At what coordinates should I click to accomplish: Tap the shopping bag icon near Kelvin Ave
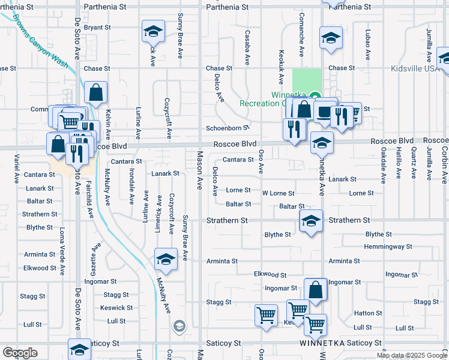[96, 93]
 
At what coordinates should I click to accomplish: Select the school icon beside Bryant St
[153, 31]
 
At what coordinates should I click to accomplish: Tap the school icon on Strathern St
[310, 221]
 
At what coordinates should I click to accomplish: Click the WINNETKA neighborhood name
[324, 344]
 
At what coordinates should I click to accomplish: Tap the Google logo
[20, 353]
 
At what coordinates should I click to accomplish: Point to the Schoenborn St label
[228, 128]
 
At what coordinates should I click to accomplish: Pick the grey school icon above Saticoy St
[178, 326]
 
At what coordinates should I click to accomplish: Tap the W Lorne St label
[279, 193]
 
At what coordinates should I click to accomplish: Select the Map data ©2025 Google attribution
[411, 355]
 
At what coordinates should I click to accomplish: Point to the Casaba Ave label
[247, 48]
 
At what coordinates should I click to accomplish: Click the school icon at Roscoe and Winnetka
[322, 144]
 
